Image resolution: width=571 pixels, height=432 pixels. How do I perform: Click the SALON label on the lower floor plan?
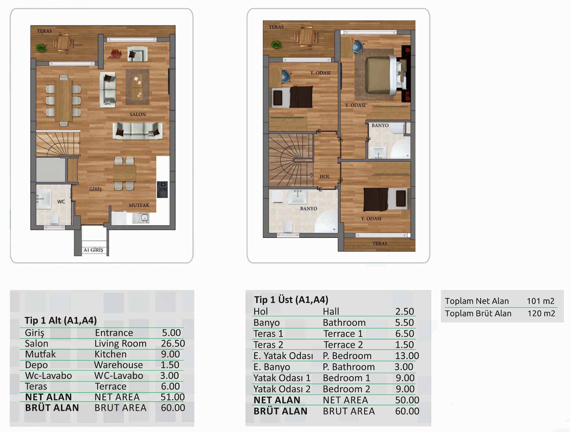[138, 114]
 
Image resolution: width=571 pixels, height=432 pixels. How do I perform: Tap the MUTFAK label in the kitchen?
[139, 205]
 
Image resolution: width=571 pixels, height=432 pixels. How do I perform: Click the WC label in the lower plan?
[61, 202]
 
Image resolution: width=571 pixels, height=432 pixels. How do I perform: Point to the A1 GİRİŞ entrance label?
[93, 250]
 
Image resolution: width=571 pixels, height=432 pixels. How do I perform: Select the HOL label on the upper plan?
[325, 176]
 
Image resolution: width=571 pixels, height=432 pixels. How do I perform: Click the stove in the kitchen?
[162, 189]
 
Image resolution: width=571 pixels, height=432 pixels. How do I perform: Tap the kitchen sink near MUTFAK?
[141, 218]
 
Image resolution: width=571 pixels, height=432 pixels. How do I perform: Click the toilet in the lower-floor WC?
[54, 219]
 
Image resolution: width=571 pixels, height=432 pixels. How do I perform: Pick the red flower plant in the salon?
[115, 54]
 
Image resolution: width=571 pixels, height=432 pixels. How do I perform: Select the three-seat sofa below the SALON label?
[138, 131]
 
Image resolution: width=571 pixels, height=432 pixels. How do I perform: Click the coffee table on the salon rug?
[137, 87]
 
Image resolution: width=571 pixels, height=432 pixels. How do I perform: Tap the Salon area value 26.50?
[173, 343]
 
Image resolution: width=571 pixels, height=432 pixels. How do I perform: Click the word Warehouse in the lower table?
[118, 365]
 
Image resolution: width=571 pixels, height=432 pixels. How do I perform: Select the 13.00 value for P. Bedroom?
[407, 356]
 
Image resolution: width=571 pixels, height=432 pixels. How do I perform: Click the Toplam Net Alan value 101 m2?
[541, 301]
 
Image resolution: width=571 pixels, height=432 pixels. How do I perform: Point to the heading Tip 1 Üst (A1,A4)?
[291, 299]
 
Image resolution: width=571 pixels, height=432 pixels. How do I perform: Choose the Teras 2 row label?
[268, 345]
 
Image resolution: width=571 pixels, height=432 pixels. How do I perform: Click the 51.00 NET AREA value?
[173, 397]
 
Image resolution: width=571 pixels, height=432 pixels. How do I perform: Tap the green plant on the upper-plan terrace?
[276, 45]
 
